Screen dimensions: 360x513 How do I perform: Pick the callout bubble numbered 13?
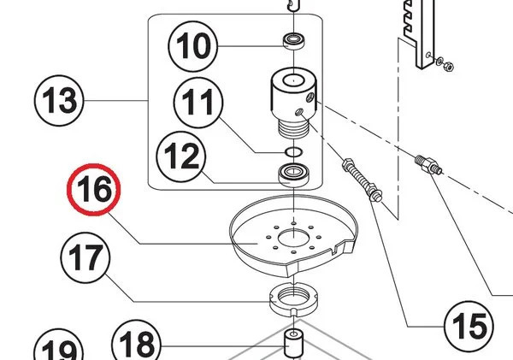60,103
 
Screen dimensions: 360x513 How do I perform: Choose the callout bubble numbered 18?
137,345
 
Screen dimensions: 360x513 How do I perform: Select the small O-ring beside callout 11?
292,150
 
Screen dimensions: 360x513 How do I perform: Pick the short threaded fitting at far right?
427,164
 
